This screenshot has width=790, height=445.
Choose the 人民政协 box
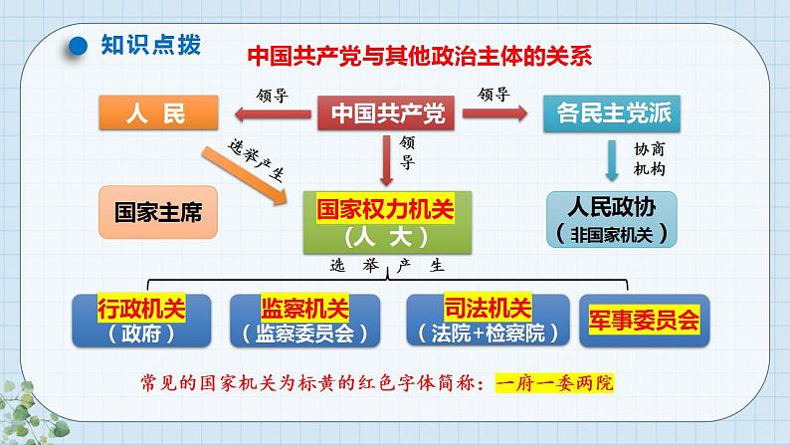coord(610,219)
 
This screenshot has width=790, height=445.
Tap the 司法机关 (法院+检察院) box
coord(482,319)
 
